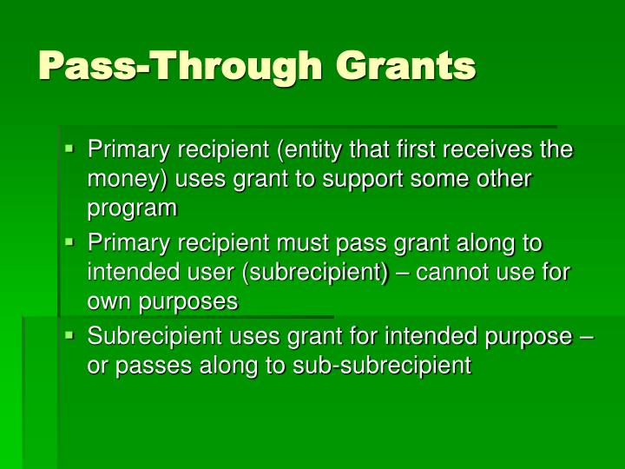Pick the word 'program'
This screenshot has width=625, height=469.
pyautogui.click(x=131, y=208)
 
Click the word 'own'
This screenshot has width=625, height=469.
pyautogui.click(x=108, y=302)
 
